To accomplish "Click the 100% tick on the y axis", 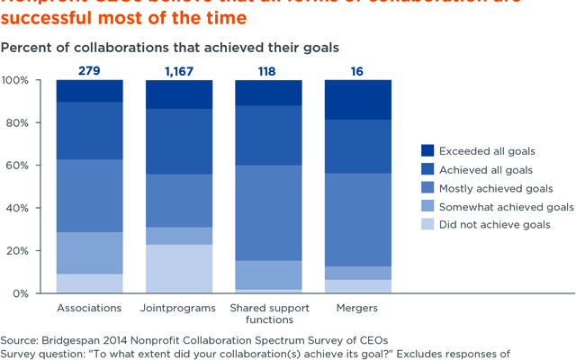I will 17,80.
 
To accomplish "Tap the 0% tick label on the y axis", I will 23,293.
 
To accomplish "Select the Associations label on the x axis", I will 89,308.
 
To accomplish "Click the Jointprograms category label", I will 178,308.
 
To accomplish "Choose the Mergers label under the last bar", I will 357,308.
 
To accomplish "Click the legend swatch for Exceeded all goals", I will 427,150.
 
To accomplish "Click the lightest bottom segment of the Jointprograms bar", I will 178,269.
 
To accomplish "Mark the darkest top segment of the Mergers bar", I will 357,99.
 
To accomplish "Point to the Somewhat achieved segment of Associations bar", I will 89,253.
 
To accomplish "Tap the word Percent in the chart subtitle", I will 23,45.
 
